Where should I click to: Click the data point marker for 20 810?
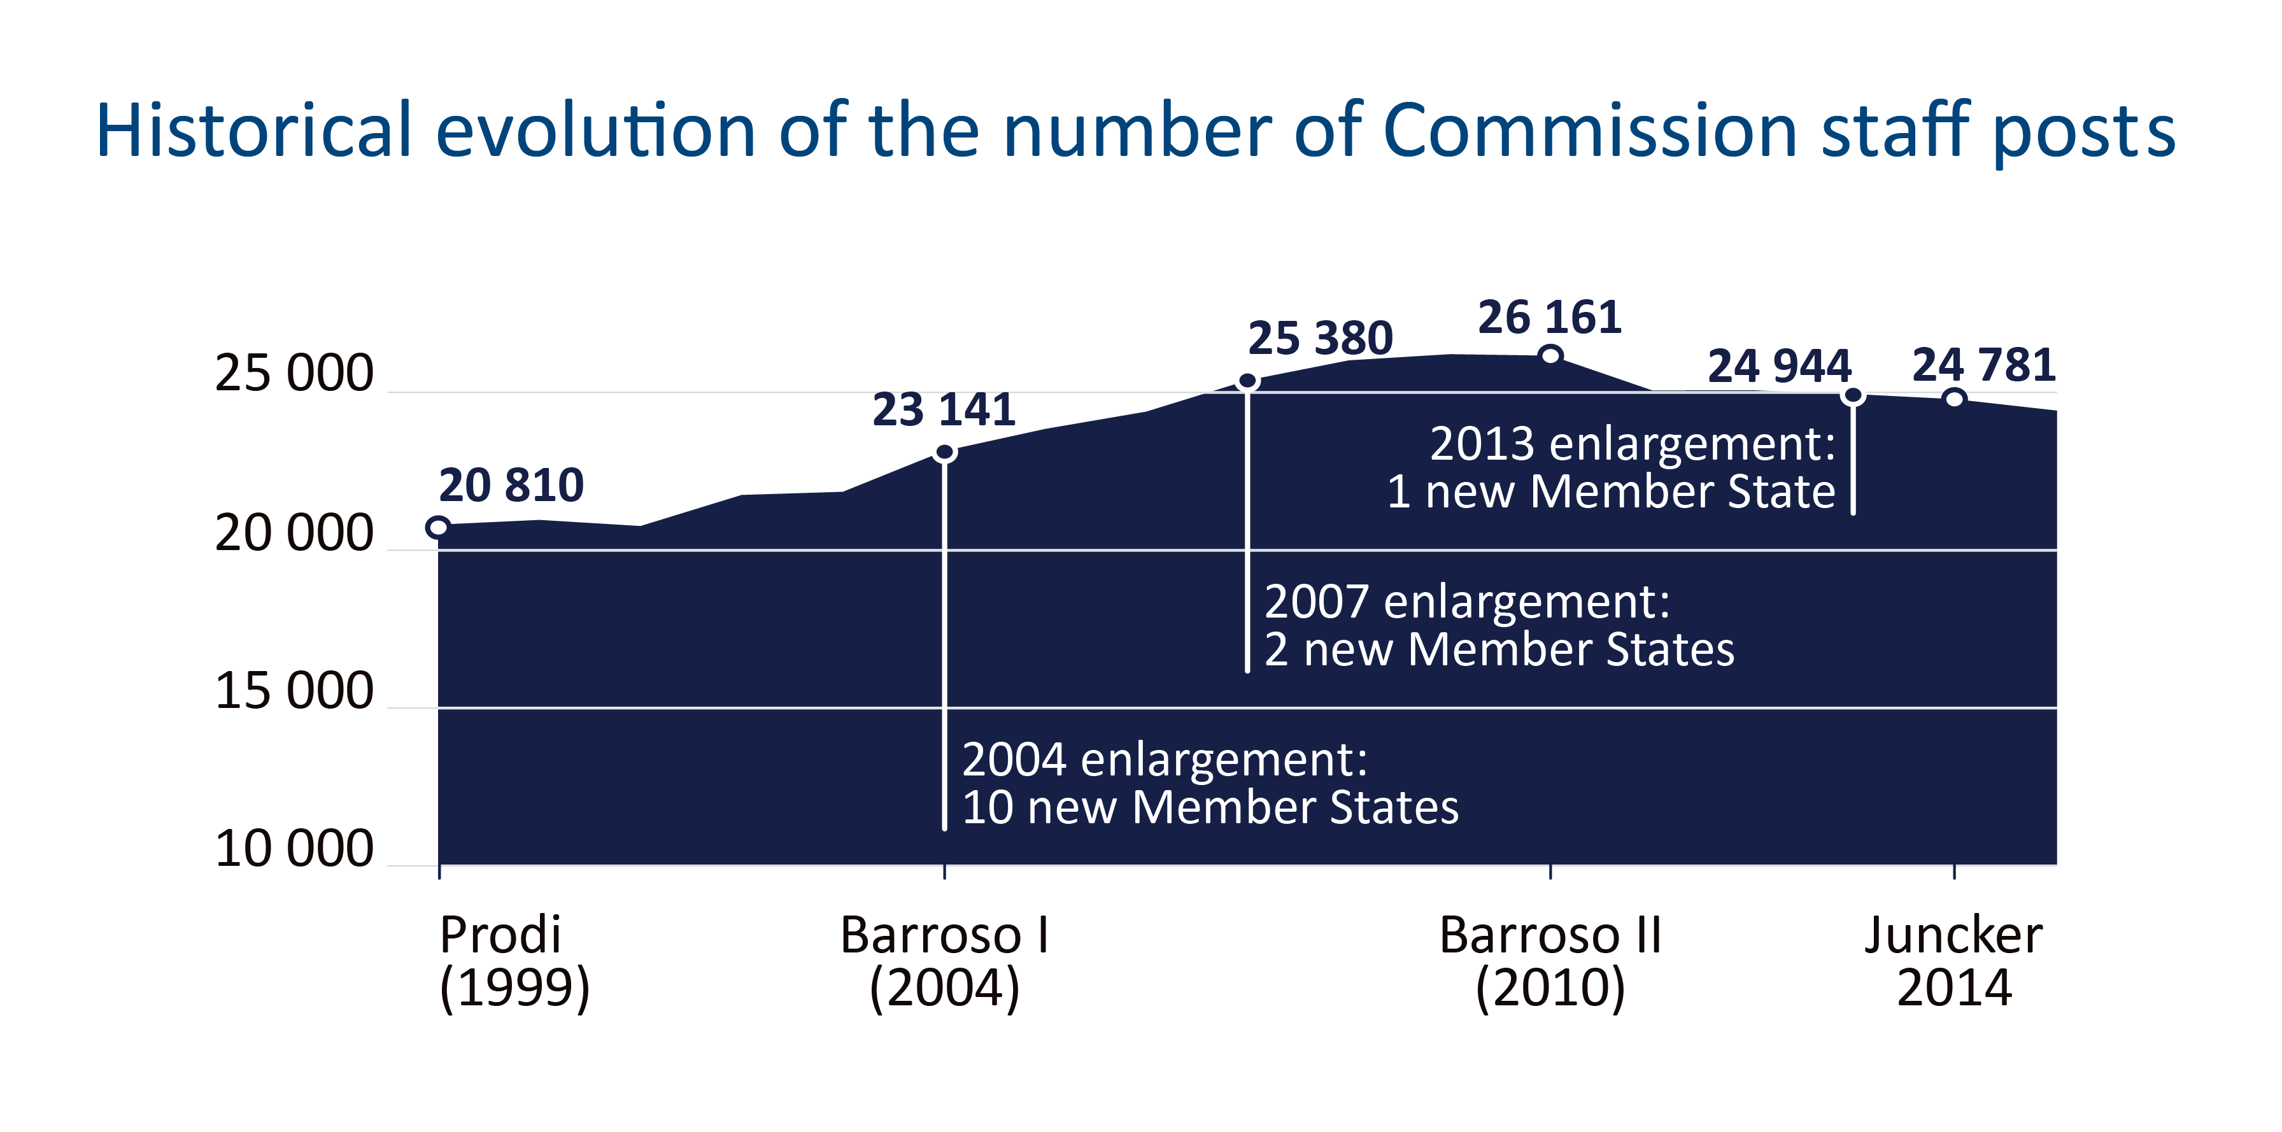coord(437,528)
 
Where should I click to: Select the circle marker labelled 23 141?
coord(946,453)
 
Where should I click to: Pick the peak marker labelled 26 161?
coord(1550,356)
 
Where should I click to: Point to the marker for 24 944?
coord(1852,396)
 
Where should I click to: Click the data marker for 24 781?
coord(1954,399)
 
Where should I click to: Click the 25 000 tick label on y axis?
coord(294,373)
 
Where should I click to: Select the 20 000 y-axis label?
coord(294,534)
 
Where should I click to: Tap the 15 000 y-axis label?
coord(294,691)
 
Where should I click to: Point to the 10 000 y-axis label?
coord(294,849)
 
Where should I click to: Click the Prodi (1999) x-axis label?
coord(514,961)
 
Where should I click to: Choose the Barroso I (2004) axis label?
coord(944,961)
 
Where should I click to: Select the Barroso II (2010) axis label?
coord(1550,961)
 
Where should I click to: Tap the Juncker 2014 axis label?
coord(1953,961)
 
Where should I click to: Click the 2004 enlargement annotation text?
coord(1209,783)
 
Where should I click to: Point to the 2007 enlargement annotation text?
coord(1498,625)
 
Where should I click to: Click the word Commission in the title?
coord(1590,131)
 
